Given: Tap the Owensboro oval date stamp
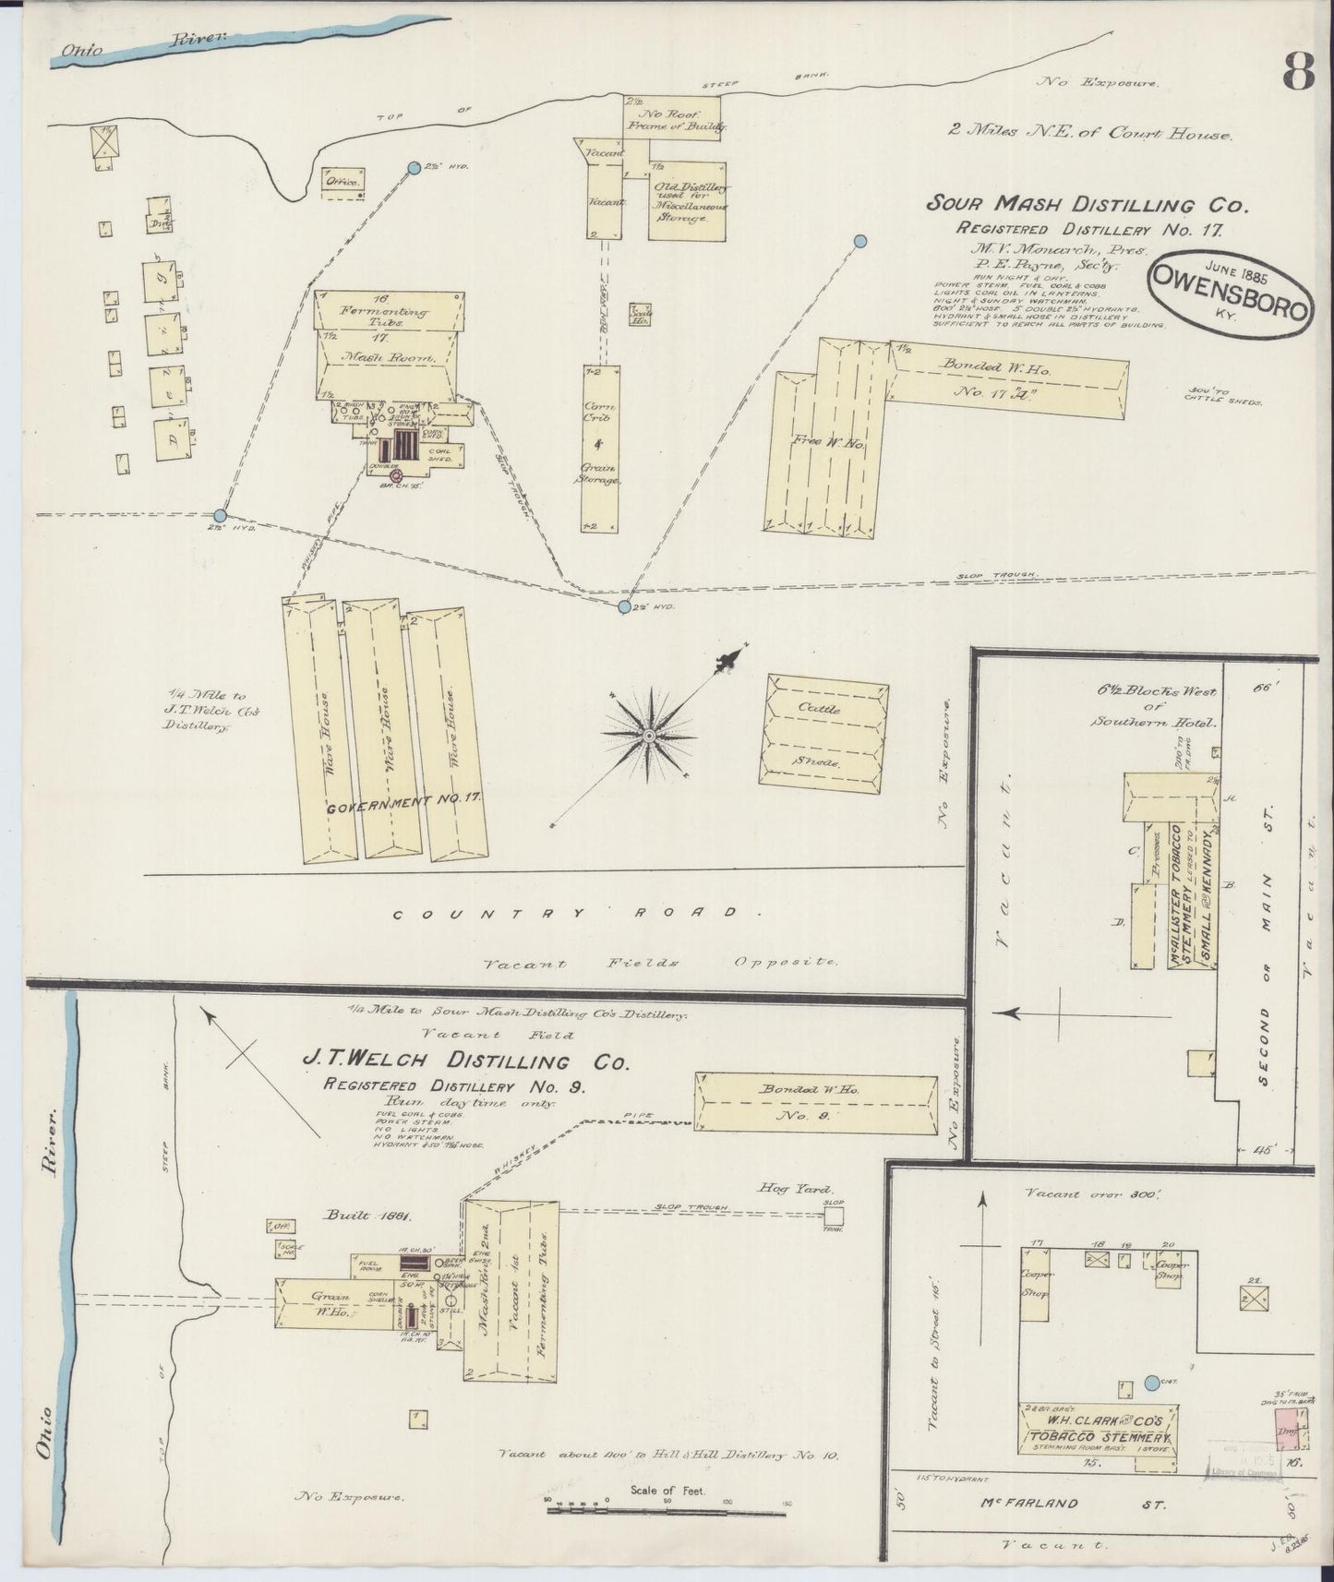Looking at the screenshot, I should [x=1229, y=300].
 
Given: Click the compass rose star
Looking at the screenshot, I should [x=649, y=734].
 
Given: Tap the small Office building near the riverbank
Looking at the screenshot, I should [x=343, y=182].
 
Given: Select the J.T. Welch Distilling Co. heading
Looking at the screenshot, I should [x=467, y=1061].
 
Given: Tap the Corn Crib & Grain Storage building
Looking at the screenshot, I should [x=600, y=449].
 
